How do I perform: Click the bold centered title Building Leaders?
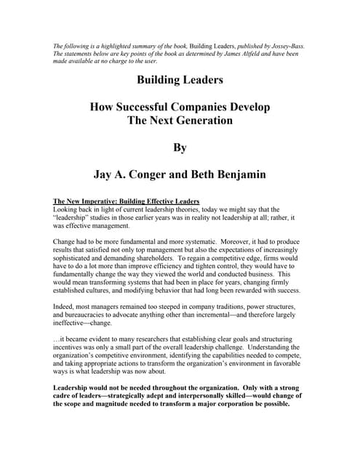(x=180, y=80)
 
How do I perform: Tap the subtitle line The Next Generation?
(x=180, y=120)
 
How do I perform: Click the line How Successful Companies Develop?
(x=180, y=107)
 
